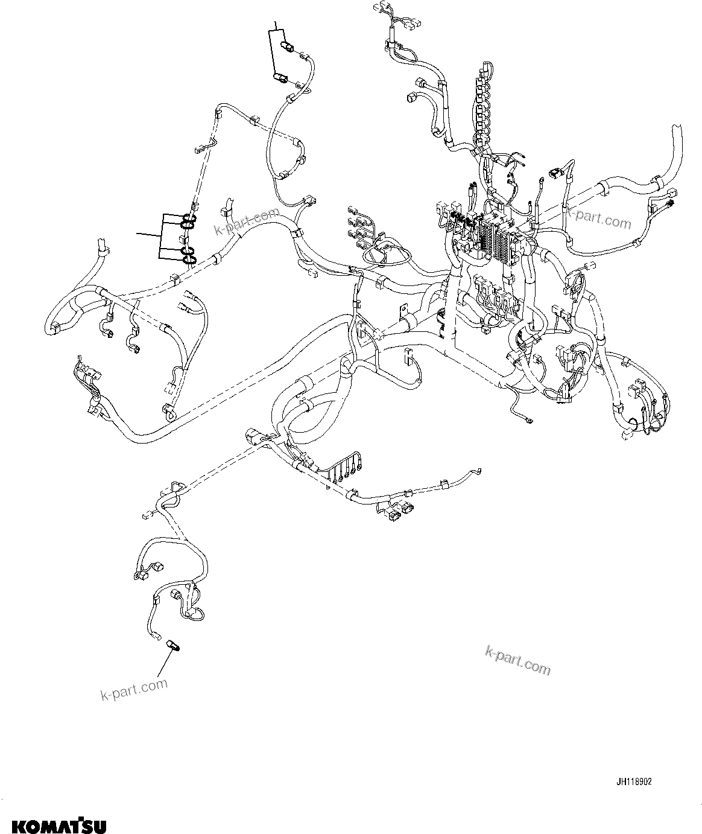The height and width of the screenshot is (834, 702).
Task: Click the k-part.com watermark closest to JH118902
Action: [x=517, y=660]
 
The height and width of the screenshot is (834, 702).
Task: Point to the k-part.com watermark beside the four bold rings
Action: [x=247, y=221]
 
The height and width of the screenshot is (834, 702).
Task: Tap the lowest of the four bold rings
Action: [x=189, y=260]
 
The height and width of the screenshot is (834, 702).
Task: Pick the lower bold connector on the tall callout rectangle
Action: [x=280, y=77]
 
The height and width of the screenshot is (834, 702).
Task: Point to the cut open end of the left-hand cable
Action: [x=101, y=246]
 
